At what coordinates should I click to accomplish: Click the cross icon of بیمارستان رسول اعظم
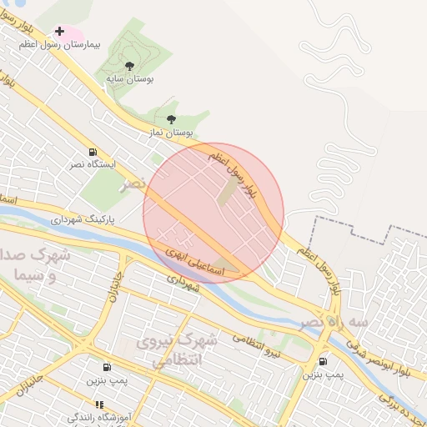(x=59, y=31)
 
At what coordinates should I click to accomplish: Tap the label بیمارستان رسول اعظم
(x=58, y=44)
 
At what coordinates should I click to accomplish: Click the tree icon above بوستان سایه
(x=129, y=65)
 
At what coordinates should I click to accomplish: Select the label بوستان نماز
(x=171, y=132)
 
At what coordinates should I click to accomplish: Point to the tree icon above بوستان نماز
(x=171, y=119)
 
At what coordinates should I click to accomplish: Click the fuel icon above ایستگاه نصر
(x=92, y=152)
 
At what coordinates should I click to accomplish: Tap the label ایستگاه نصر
(x=93, y=164)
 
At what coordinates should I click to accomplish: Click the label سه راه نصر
(x=334, y=321)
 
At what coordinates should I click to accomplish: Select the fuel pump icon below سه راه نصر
(x=323, y=361)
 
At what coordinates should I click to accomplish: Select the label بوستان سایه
(x=129, y=78)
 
